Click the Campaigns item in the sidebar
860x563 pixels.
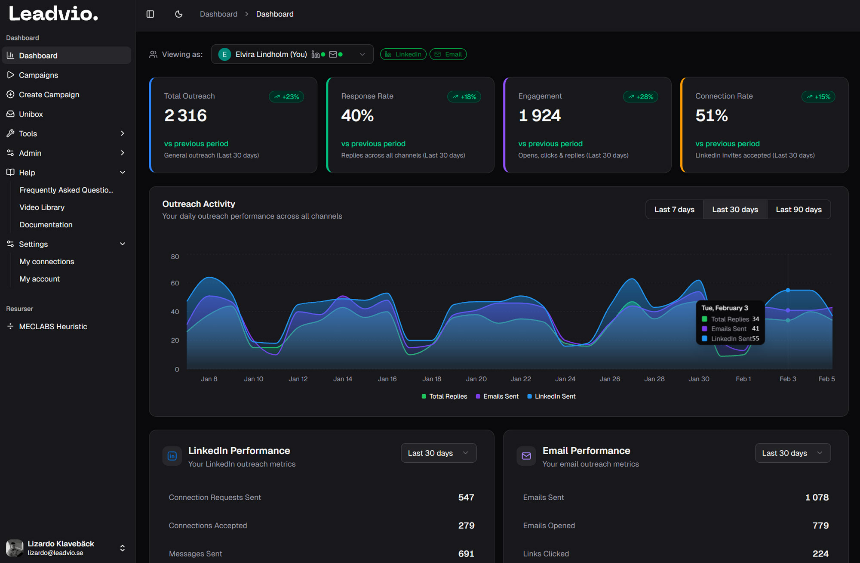38,75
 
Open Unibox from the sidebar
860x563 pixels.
31,114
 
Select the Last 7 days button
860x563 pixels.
674,210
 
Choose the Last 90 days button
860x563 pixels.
798,210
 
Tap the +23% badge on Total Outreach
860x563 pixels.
286,97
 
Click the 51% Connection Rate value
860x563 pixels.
711,115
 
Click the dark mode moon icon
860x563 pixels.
179,14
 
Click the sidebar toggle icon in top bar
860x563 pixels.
150,14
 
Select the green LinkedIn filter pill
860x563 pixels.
403,54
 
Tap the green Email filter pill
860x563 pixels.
448,54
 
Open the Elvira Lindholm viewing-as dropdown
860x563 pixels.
292,54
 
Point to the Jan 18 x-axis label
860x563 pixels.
431,379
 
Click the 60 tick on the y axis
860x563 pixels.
175,283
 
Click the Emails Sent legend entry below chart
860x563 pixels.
497,396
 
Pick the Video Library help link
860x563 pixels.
42,207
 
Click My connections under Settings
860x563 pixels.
46,262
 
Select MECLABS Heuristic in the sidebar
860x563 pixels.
53,327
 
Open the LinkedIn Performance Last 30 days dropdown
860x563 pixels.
438,453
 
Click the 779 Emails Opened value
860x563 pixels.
820,526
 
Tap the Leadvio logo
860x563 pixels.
53,14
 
